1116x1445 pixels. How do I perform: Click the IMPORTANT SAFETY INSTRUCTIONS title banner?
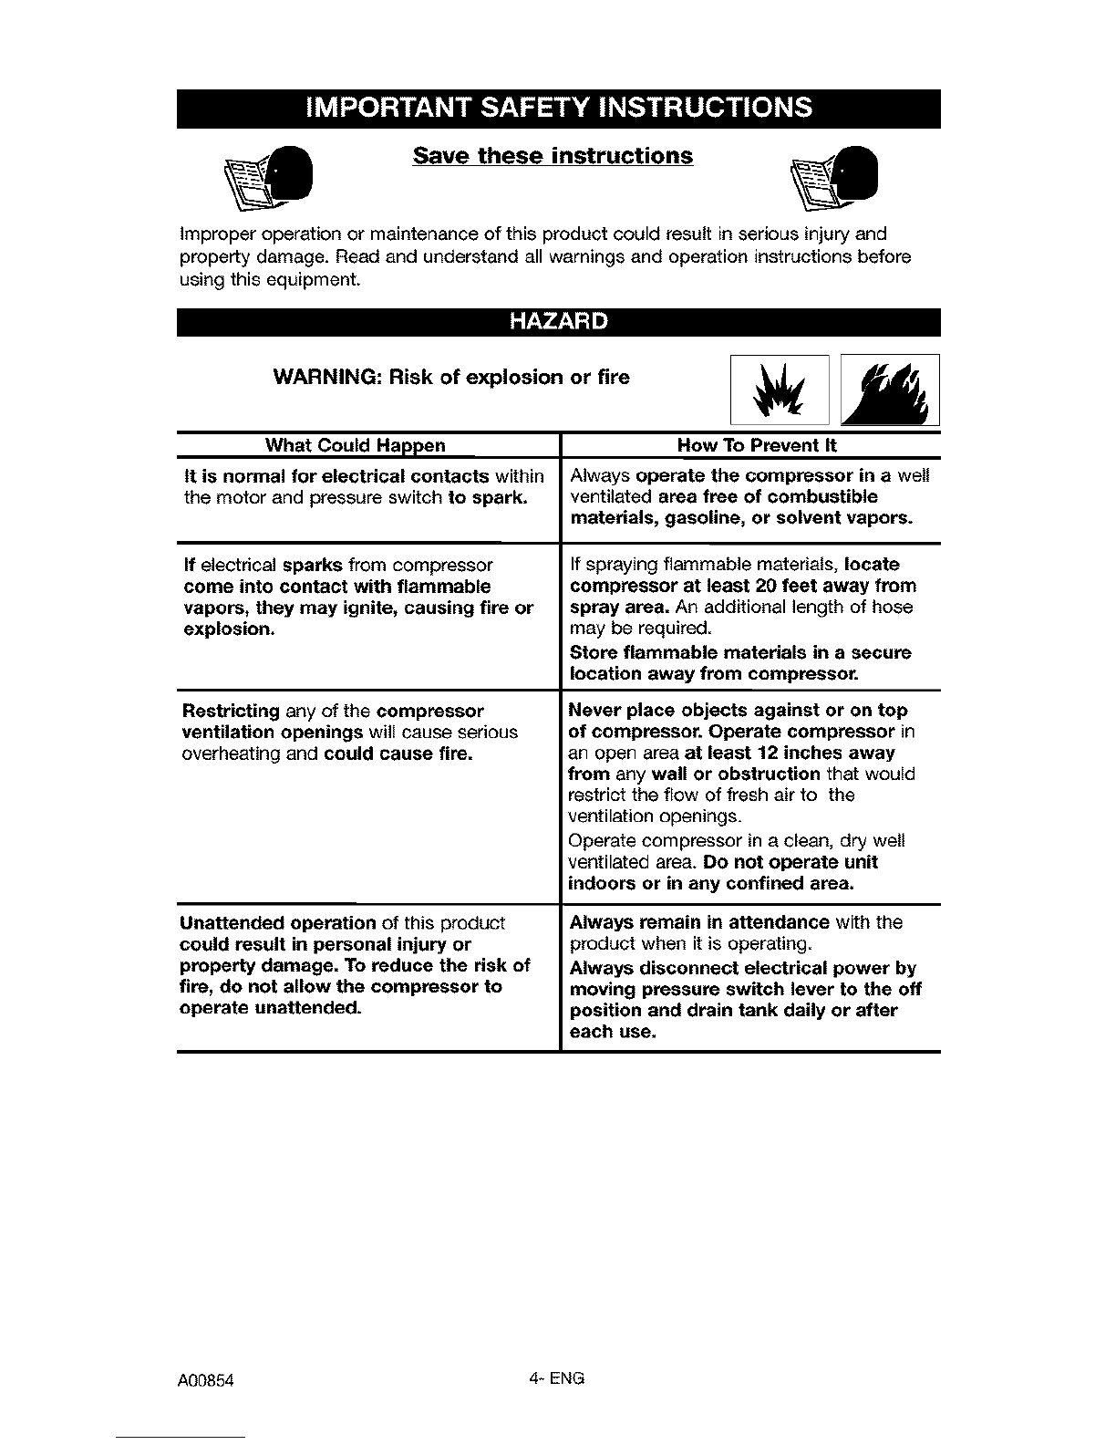coord(558,108)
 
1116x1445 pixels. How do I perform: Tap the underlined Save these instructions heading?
coord(553,156)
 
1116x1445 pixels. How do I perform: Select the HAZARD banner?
coord(558,323)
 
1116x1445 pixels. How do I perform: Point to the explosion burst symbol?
coord(780,390)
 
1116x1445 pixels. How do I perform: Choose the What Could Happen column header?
coord(355,446)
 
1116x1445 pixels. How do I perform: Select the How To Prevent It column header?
coord(756,446)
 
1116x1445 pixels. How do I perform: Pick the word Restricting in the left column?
coord(231,712)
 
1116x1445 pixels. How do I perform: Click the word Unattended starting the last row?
coord(232,923)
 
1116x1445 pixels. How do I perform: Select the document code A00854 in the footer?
coord(207,1380)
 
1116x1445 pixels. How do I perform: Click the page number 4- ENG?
coord(556,1377)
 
